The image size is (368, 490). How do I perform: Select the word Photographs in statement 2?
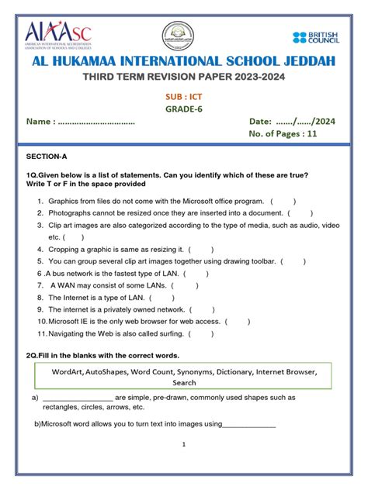pos(71,212)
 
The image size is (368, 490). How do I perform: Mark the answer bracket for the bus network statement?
pos(196,274)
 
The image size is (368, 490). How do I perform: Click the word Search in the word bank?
pos(184,382)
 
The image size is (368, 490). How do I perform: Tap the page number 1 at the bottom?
pos(184,444)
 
